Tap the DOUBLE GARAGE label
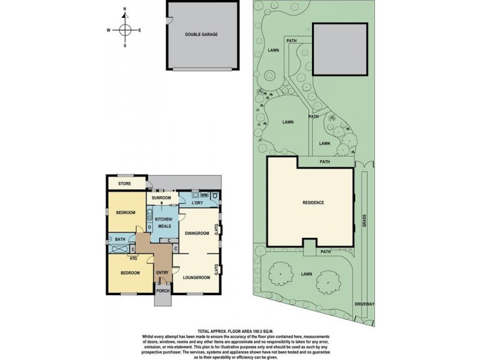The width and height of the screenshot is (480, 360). click(201, 34)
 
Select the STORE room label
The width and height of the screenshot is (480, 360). click(124, 184)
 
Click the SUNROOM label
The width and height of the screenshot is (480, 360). click(161, 197)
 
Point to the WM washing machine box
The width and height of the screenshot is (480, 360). click(204, 195)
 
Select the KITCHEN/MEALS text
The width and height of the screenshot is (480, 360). click(164, 223)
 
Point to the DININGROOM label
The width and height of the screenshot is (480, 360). click(196, 233)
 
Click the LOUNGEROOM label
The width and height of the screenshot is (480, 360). click(196, 278)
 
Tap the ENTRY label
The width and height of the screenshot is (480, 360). click(162, 273)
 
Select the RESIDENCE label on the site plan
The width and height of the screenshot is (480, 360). click(313, 203)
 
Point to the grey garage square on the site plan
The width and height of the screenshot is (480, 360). click(340, 50)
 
